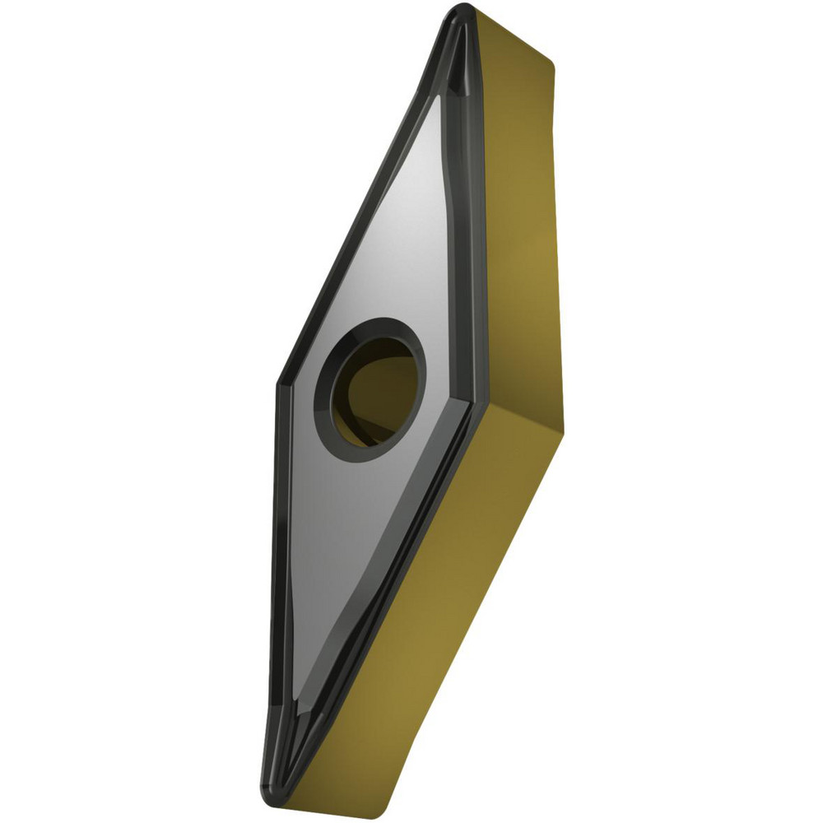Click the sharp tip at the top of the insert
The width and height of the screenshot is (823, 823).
click(463, 10)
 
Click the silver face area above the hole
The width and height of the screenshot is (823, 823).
click(395, 230)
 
